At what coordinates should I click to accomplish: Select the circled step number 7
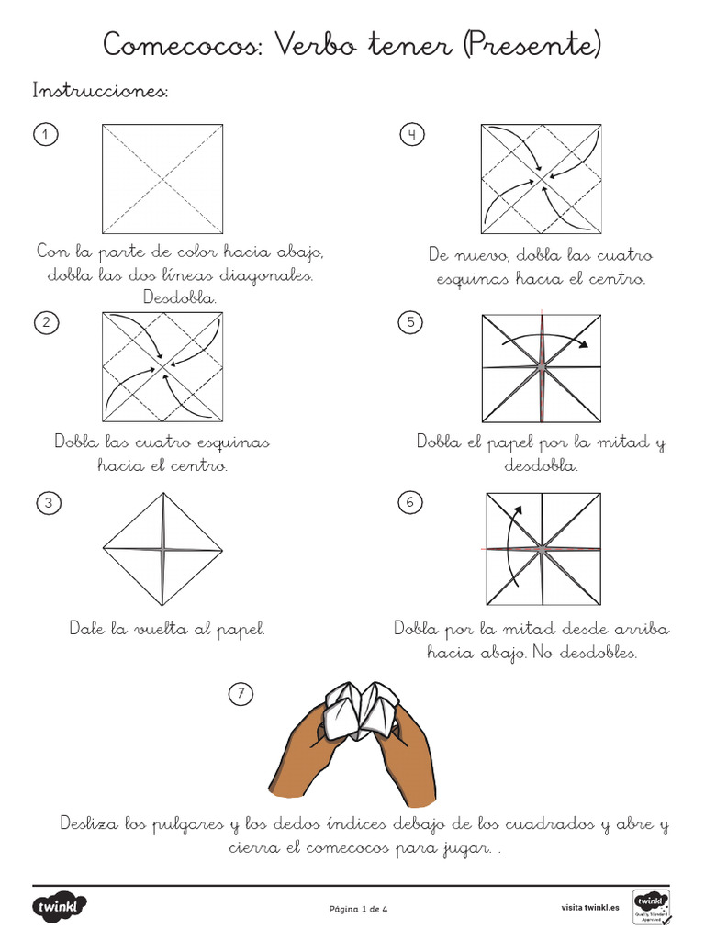(241, 695)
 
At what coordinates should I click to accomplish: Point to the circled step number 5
(410, 321)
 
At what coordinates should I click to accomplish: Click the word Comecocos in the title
(182, 44)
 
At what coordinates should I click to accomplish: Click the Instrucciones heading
(100, 91)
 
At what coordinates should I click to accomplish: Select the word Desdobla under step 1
(180, 297)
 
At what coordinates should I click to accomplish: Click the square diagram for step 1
(162, 178)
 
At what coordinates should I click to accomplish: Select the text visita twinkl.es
(590, 908)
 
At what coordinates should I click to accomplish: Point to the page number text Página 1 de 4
(359, 909)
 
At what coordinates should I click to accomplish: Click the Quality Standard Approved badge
(651, 907)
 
